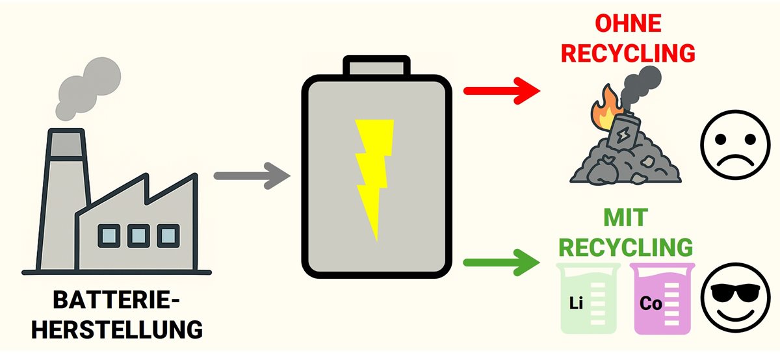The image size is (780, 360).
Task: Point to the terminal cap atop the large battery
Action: tap(376, 68)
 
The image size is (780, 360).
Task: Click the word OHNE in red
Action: tap(628, 25)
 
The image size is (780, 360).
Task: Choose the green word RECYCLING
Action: tap(625, 248)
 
